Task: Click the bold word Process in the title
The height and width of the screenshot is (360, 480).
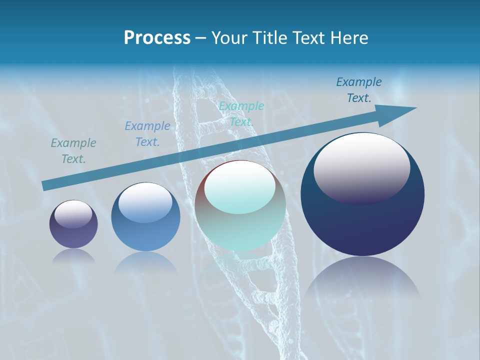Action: tap(157, 38)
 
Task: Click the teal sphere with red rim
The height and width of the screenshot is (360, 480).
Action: tap(240, 225)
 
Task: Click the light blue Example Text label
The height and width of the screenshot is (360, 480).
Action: tap(147, 133)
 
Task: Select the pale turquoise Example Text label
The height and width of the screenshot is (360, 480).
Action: tap(241, 113)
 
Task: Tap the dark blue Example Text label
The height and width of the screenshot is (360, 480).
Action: tap(358, 90)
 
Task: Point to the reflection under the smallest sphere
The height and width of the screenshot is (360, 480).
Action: tap(73, 256)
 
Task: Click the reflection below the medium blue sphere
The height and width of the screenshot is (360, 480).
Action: tap(145, 262)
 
